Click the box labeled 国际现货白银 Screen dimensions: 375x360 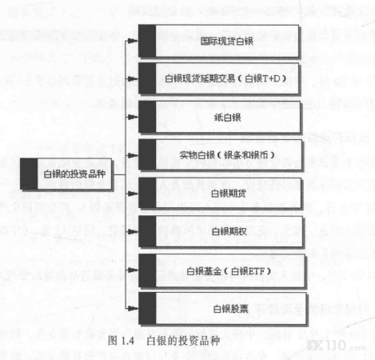[218, 41]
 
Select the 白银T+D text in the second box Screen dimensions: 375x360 [262, 78]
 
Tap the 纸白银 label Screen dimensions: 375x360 [228, 118]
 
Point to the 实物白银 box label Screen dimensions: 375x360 [197, 155]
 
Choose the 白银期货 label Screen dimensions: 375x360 [229, 194]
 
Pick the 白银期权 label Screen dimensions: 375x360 [229, 231]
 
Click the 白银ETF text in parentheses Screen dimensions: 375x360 [248, 271]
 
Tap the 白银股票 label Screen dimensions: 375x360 [230, 309]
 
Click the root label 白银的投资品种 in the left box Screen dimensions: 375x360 [74, 174]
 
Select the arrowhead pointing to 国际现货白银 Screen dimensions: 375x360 [133, 41]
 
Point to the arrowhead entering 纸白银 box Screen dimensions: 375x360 [133, 117]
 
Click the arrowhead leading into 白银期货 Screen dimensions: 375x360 [133, 194]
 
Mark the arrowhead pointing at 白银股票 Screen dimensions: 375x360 [133, 309]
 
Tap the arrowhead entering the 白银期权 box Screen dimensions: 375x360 [133, 231]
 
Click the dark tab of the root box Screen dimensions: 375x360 [29, 174]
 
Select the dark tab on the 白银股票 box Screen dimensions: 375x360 [147, 309]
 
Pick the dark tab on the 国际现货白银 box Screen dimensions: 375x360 [147, 41]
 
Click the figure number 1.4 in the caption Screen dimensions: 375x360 [128, 341]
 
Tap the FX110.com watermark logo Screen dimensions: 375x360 [337, 346]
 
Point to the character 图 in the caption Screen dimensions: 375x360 [113, 341]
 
